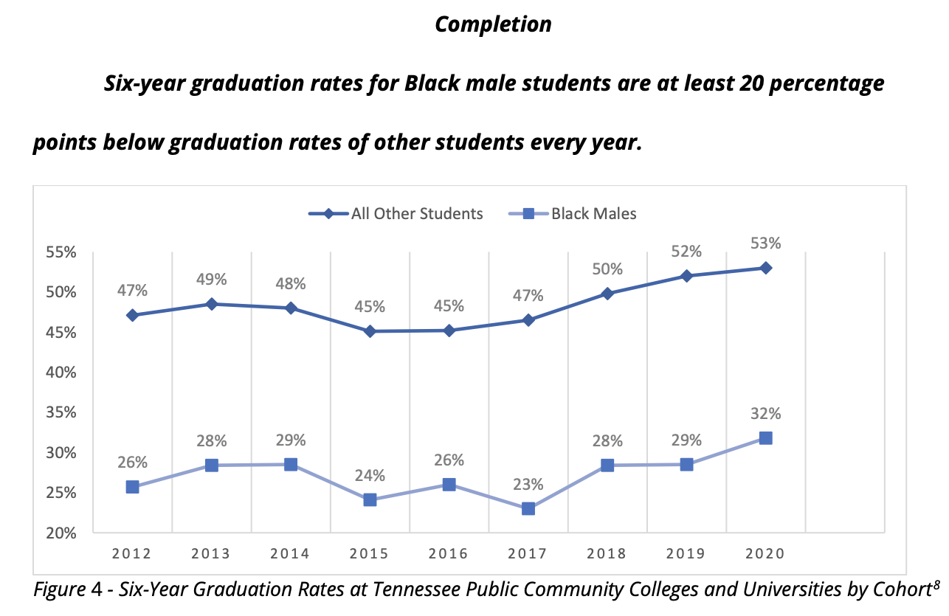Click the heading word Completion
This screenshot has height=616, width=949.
click(x=493, y=24)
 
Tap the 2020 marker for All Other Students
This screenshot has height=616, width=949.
click(x=766, y=268)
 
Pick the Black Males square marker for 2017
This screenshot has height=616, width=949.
click(x=528, y=508)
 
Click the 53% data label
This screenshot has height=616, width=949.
click(x=766, y=243)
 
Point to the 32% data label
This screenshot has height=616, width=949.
click(x=766, y=413)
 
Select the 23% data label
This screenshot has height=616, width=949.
click(x=528, y=485)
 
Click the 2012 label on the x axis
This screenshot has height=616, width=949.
click(x=132, y=554)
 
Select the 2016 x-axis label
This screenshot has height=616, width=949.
click(x=449, y=554)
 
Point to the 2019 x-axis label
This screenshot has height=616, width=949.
click(x=686, y=554)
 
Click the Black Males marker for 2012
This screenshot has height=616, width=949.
click(x=133, y=487)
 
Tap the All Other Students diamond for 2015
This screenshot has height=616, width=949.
click(x=370, y=331)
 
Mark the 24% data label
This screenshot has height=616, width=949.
click(x=370, y=475)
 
